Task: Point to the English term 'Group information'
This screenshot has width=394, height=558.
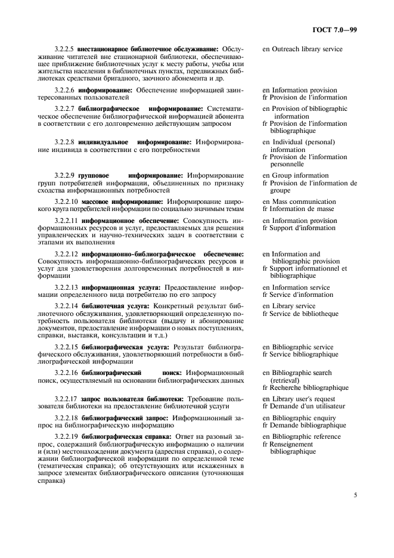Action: pos(299,176)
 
